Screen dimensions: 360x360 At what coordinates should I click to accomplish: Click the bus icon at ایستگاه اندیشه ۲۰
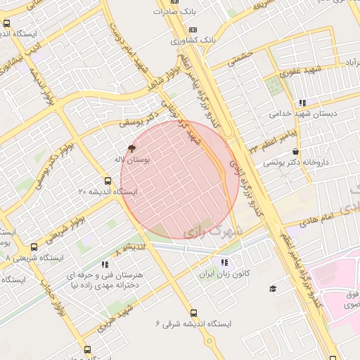tap(108, 181)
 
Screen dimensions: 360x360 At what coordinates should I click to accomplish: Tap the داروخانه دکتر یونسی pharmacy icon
tap(295, 150)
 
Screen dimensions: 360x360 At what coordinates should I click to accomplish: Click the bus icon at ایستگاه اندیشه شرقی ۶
tap(193, 313)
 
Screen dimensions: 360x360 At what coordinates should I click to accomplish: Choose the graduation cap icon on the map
tap(272, 288)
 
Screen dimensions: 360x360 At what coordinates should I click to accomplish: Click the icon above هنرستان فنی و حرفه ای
tap(105, 264)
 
